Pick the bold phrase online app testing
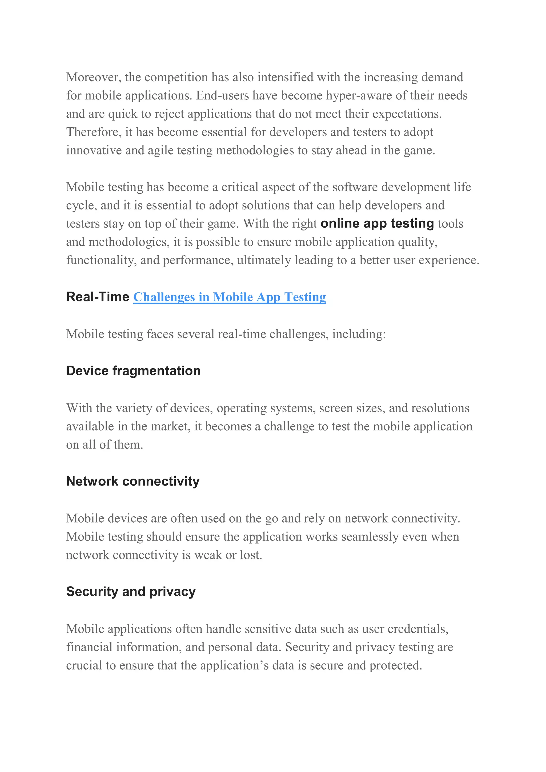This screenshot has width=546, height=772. pyautogui.click(x=377, y=224)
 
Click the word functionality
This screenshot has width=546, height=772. pyautogui.click(x=101, y=260)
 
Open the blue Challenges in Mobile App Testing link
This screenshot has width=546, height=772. pyautogui.click(x=230, y=297)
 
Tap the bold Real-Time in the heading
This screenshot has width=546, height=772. pyautogui.click(x=98, y=297)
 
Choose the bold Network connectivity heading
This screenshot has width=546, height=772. pyautogui.click(x=133, y=482)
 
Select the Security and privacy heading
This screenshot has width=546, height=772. pyautogui.click(x=131, y=592)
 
